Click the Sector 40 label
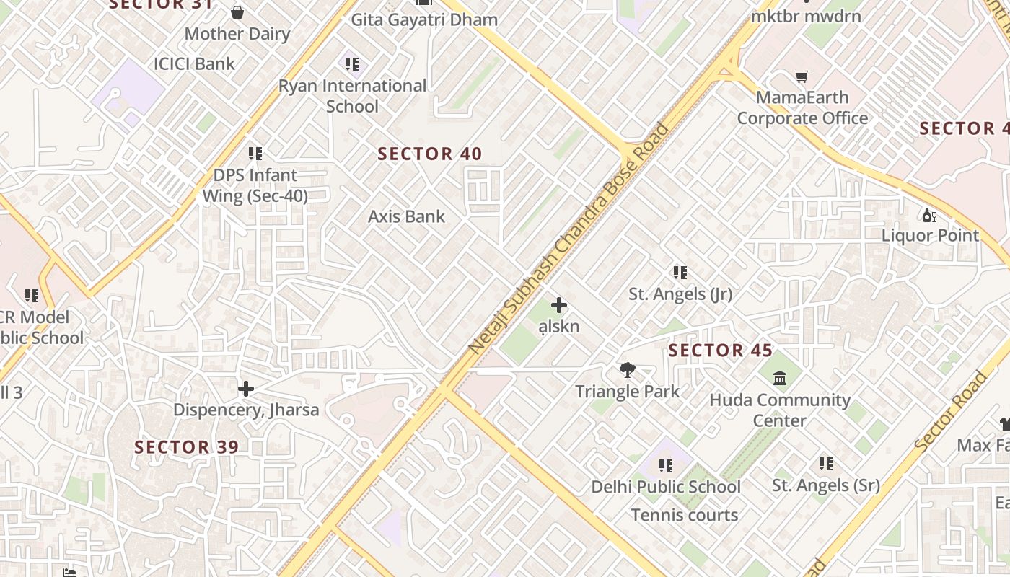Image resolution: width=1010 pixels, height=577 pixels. [430, 154]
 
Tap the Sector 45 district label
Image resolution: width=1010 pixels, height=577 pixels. [720, 351]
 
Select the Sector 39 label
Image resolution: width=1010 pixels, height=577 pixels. [186, 447]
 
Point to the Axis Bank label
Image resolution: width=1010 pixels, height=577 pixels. [406, 216]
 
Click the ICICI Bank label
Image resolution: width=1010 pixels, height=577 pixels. [194, 63]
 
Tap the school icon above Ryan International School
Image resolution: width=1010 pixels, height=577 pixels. [351, 64]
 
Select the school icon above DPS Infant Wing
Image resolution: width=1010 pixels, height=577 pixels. [255, 154]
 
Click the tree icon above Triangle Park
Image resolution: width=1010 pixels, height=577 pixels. [627, 370]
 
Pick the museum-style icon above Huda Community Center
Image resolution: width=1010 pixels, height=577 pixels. [780, 378]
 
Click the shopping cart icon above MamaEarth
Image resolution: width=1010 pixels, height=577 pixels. [802, 76]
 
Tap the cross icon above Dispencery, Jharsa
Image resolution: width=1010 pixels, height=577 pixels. [245, 389]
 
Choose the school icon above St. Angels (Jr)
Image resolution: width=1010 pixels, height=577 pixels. [680, 273]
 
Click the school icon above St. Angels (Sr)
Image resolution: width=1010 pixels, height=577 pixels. [825, 464]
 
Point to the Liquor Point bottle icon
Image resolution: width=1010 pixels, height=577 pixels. [929, 215]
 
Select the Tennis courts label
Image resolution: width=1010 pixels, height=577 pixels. [684, 515]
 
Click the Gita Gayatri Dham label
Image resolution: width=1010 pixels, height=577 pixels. [424, 19]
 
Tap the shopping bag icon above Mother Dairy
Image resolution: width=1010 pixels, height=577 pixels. [237, 12]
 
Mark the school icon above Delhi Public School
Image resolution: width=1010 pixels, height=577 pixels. [665, 466]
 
